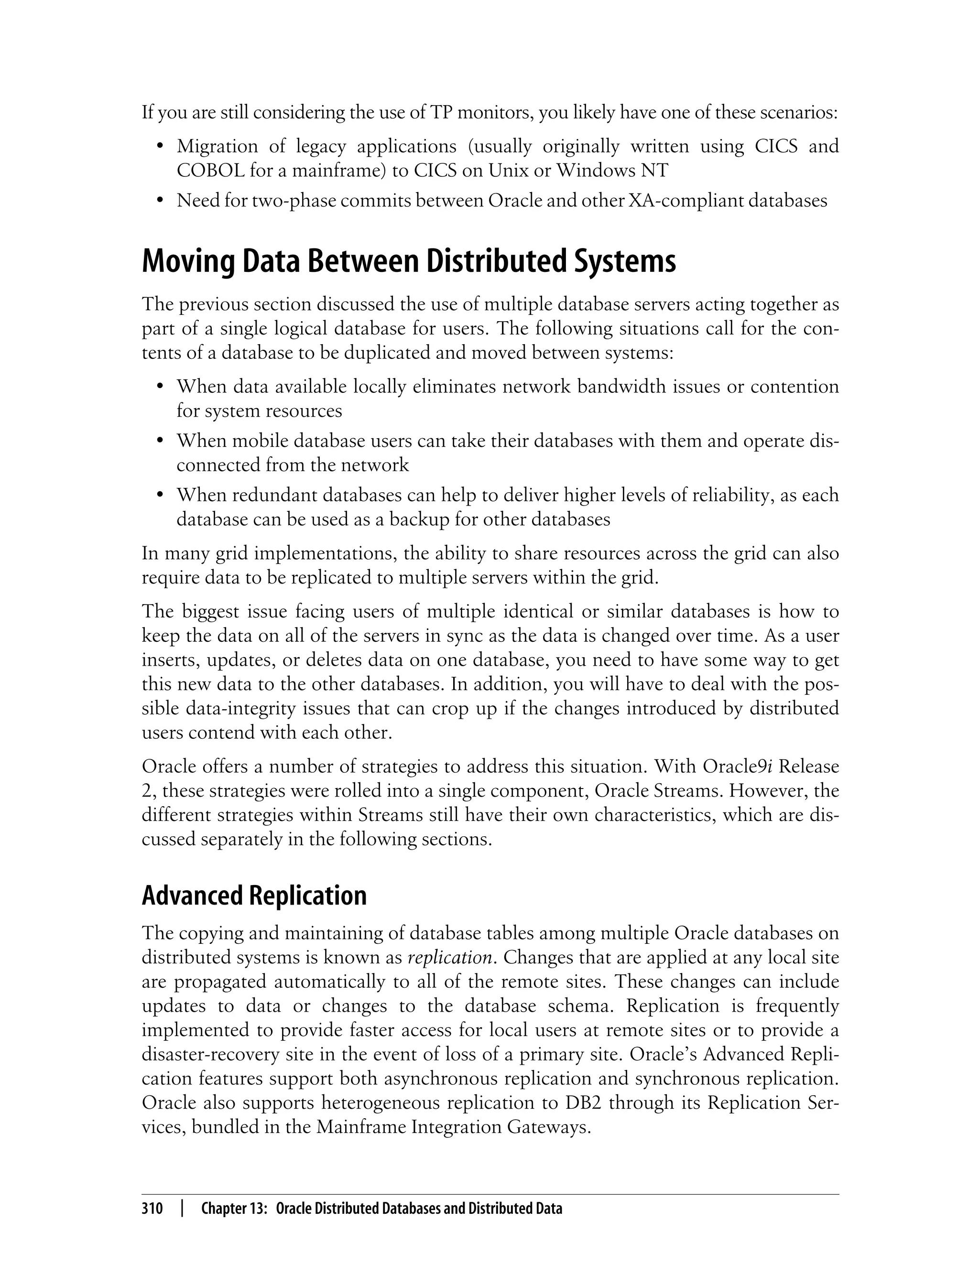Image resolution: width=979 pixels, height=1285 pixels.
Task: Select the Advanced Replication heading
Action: click(254, 896)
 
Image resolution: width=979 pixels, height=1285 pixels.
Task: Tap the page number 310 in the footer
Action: click(152, 1209)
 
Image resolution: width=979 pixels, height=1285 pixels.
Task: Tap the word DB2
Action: click(583, 1103)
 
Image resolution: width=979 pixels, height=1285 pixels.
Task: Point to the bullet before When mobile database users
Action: click(159, 442)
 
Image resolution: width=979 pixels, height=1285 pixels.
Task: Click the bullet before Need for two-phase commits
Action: click(159, 202)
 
